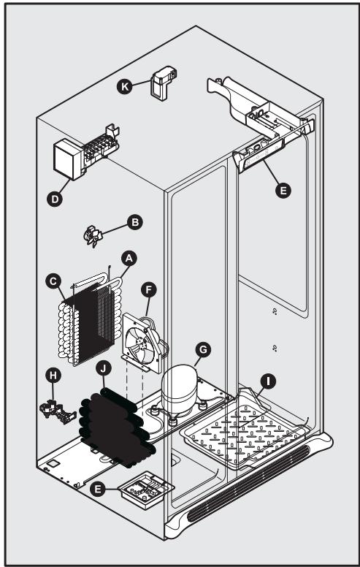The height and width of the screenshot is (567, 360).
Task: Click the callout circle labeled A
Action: [x=129, y=259]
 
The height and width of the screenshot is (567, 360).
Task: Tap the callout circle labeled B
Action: [x=135, y=220]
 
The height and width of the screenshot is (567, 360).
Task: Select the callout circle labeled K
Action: [x=125, y=87]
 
